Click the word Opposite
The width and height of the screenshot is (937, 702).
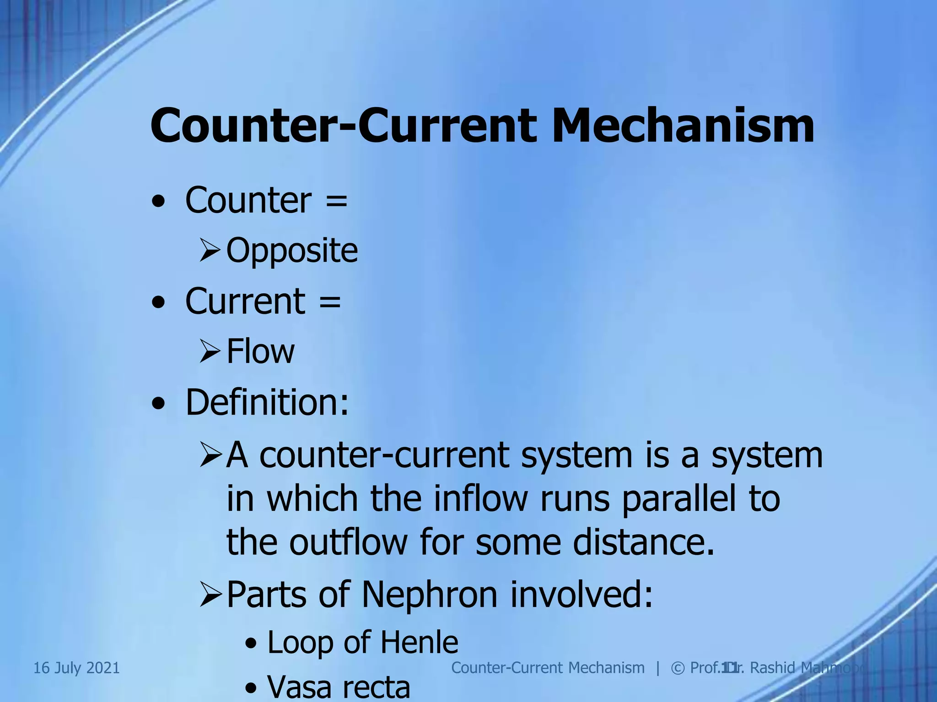292,250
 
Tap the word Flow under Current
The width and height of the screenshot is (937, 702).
260,351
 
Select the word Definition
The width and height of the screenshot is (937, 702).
267,402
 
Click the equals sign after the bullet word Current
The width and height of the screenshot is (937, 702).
330,302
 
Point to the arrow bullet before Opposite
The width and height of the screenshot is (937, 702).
210,251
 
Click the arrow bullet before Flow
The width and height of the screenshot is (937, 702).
210,352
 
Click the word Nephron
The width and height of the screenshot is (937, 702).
429,595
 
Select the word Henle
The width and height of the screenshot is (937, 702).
419,642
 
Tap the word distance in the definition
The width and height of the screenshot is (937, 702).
643,542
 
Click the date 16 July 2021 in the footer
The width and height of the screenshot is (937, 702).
76,668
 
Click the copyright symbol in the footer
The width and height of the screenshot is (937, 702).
677,668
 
